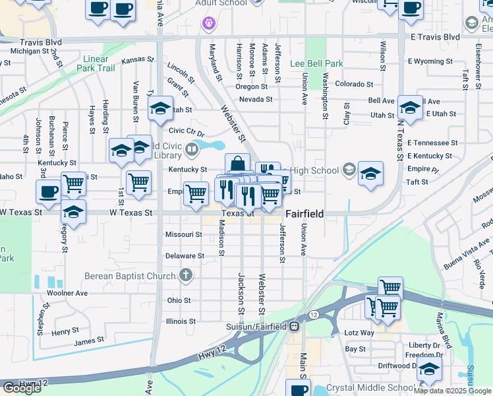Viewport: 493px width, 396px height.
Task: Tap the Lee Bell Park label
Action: point(316,64)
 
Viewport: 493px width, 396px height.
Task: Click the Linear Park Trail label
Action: point(96,63)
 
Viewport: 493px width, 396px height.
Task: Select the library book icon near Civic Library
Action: point(192,150)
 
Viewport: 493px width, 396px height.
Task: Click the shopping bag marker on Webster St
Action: point(237,165)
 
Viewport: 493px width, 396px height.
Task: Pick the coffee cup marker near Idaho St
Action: point(48,192)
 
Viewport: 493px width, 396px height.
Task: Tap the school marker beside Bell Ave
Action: point(410,108)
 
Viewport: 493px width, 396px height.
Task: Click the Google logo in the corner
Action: point(22,388)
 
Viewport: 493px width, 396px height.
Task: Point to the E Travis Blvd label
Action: point(434,36)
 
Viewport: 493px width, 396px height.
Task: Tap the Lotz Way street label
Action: point(359,333)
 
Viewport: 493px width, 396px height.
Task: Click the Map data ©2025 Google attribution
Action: point(452,390)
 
